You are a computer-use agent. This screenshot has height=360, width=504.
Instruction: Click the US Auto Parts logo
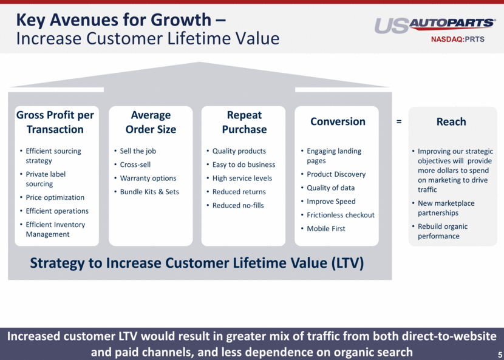coord(435,25)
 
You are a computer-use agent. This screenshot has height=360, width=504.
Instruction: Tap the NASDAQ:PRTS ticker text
coord(457,39)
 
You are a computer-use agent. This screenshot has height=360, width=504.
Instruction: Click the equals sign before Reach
coord(399,121)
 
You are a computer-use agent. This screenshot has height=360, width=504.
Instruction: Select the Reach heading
coord(451,121)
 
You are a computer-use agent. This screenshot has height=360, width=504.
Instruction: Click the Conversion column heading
coord(338,121)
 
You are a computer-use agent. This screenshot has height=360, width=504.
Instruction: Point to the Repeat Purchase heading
coord(244,122)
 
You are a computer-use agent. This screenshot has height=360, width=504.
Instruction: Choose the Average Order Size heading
coord(151,122)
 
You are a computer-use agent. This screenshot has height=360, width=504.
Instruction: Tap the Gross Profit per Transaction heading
coord(55,122)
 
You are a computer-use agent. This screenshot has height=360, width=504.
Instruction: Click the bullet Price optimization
coord(55,197)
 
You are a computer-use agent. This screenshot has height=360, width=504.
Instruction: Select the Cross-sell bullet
coord(135,165)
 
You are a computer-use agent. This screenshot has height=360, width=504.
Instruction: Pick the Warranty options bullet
coord(148,178)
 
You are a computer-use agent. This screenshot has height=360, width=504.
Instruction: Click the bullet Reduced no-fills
coord(238,205)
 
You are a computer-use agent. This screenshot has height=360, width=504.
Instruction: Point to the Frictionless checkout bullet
coord(341,215)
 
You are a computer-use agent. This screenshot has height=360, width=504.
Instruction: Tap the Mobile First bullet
coord(326,228)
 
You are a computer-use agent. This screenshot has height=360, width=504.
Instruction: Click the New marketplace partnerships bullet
coord(446,208)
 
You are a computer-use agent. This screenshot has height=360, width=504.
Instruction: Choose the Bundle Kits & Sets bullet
coord(149,192)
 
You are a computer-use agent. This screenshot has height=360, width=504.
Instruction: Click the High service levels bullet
coord(242,178)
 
